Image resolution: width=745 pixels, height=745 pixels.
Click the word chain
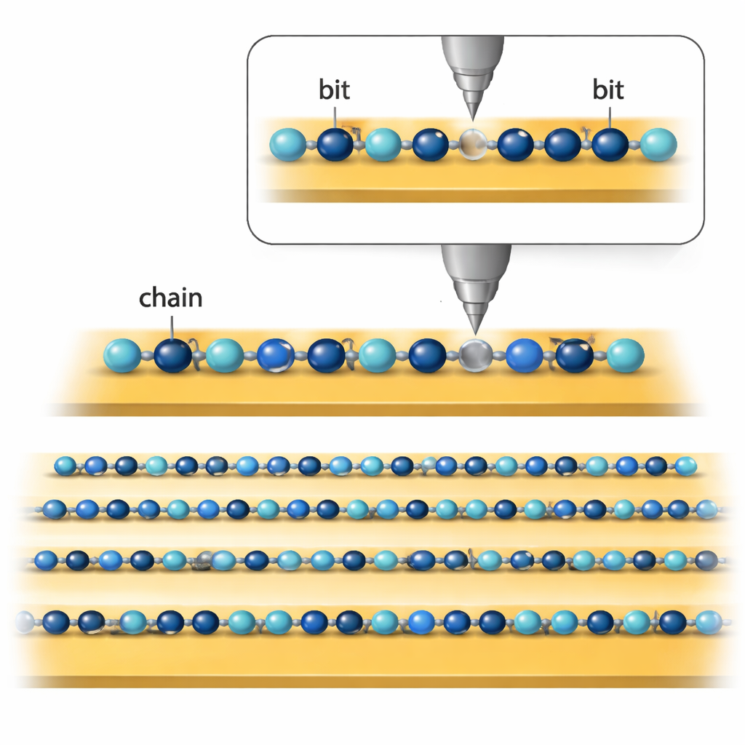[x=170, y=298]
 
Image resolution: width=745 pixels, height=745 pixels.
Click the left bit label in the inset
[x=334, y=90]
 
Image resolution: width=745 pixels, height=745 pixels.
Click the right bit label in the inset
[x=608, y=90]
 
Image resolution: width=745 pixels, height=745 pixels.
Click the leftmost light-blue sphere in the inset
[x=288, y=144]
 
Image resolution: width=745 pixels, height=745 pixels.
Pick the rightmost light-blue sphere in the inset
[x=658, y=144]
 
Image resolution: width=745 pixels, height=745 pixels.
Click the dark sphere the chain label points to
[x=172, y=356]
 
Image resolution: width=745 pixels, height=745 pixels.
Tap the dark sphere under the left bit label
[x=335, y=144]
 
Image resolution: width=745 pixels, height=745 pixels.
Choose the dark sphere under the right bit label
[x=610, y=144]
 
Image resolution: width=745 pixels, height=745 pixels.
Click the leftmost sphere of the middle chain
[x=122, y=356]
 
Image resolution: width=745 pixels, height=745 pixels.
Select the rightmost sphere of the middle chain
[x=626, y=355]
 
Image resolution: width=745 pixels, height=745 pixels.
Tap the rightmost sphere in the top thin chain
[x=685, y=465]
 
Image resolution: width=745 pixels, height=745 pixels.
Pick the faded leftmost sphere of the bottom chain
[x=25, y=621]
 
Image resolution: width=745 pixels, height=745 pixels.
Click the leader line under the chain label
[x=172, y=324]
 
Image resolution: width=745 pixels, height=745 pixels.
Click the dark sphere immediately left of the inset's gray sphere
[x=430, y=144]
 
